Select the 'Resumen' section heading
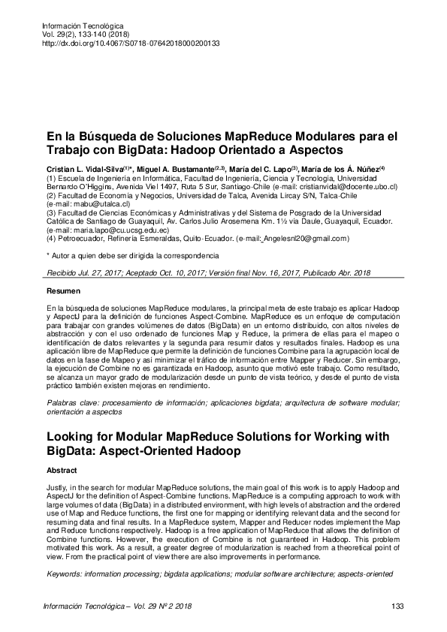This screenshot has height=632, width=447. coord(62,290)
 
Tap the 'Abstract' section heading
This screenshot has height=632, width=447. coord(62,470)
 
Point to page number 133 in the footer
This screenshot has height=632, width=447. coord(399,606)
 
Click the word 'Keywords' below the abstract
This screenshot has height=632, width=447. coord(67,573)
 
